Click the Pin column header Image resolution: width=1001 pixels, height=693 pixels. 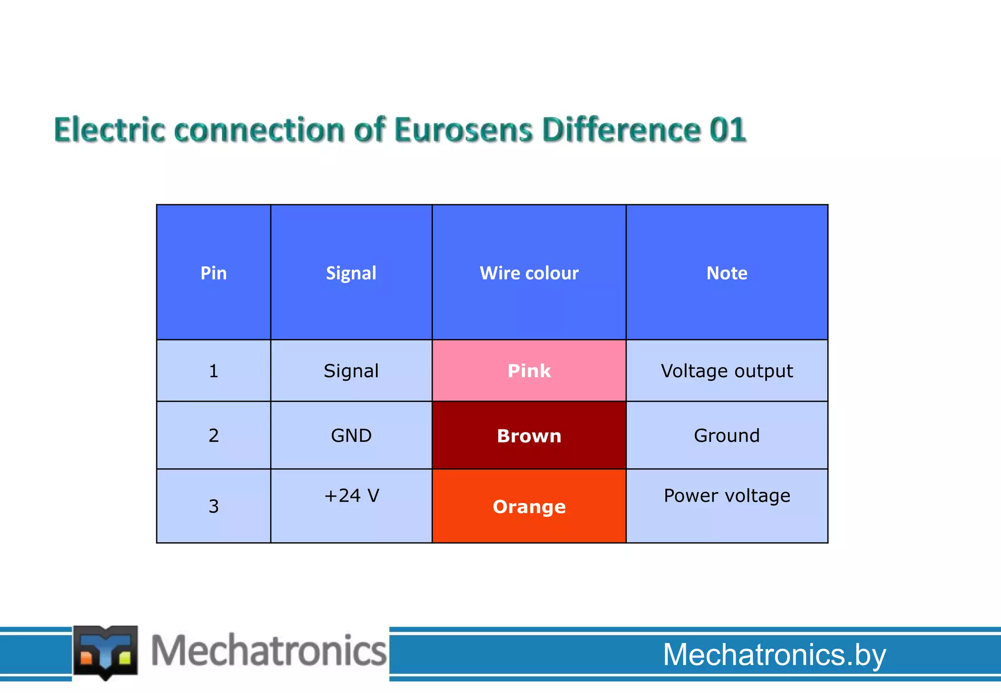[x=214, y=273]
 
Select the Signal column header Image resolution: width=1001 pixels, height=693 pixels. [x=351, y=273]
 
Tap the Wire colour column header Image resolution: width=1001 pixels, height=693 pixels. [x=529, y=273]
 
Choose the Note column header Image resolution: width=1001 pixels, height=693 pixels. [x=727, y=273]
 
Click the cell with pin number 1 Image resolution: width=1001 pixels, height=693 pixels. [x=214, y=371]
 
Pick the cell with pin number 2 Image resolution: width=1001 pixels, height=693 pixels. [x=214, y=435]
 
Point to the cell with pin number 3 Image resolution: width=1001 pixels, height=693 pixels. [x=214, y=506]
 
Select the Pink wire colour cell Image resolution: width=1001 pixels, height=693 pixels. [x=529, y=371]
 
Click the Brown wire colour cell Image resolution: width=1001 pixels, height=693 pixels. [x=529, y=435]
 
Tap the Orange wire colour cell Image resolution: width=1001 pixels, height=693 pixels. [x=529, y=506]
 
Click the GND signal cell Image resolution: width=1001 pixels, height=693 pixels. [x=351, y=435]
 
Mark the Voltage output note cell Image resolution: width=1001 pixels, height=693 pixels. [x=727, y=371]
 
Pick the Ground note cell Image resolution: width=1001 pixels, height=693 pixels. [x=727, y=435]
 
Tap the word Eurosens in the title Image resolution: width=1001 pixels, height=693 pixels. [x=463, y=130]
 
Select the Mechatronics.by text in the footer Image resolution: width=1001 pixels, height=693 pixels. [x=774, y=654]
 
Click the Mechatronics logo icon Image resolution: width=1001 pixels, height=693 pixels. [x=106, y=652]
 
